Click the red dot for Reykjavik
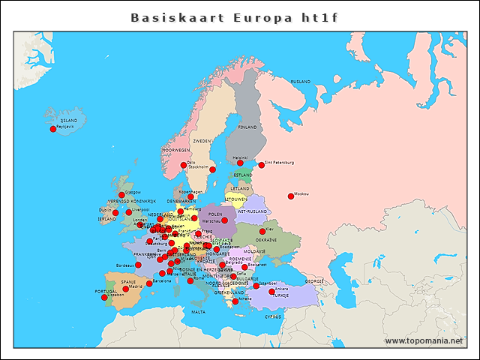[x=53, y=129]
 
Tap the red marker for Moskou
[x=291, y=196]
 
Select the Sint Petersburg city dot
[x=262, y=165]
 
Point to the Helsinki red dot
[x=240, y=163]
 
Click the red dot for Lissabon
[x=104, y=298]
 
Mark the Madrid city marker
[x=126, y=289]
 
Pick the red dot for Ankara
[x=271, y=291]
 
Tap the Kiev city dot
[x=262, y=232]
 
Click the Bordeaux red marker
[x=138, y=265]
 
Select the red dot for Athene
[x=235, y=301]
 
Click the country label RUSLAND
[x=300, y=81]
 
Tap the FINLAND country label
[x=247, y=127]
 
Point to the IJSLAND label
[x=69, y=120]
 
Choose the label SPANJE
[x=128, y=282]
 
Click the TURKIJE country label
[x=280, y=295]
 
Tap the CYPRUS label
[x=272, y=316]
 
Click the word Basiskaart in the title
[x=168, y=17]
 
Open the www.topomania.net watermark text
[x=424, y=340]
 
